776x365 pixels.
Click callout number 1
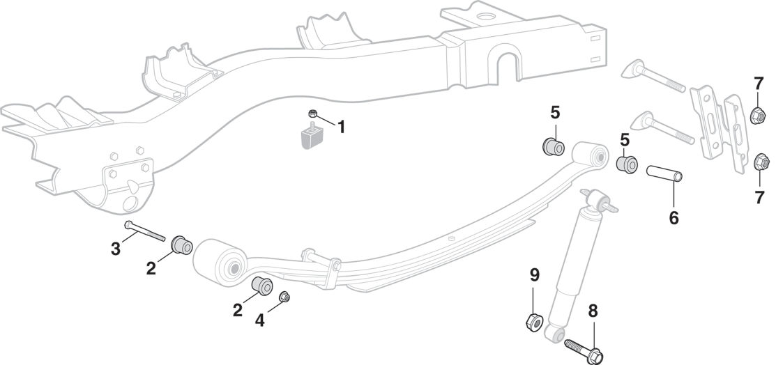tap(342, 127)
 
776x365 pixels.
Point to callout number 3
tap(115, 248)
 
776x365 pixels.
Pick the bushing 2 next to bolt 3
tap(183, 245)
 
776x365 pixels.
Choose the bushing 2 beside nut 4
tap(261, 286)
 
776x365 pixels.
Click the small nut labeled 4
tap(284, 298)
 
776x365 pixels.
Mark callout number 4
tap(260, 320)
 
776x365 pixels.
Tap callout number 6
tap(674, 217)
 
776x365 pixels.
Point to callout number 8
tap(593, 311)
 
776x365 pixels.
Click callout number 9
tap(534, 274)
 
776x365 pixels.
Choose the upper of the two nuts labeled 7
tap(757, 115)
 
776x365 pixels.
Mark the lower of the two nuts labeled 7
tap(762, 163)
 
